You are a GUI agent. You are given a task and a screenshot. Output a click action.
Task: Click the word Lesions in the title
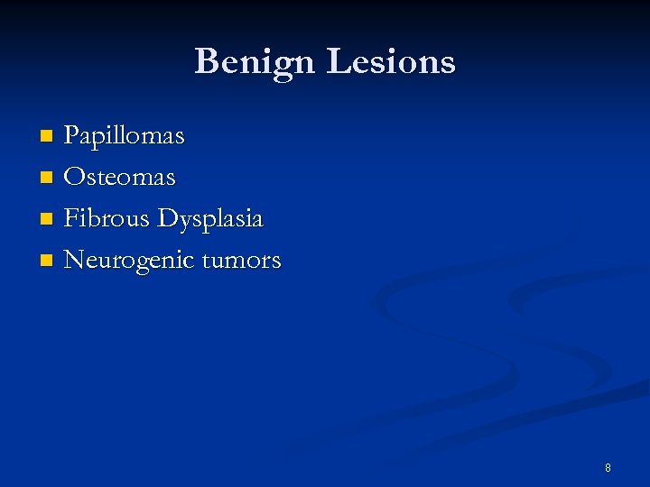391,61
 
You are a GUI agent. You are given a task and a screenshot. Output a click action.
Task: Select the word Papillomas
124,136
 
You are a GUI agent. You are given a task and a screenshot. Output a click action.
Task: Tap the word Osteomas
119,177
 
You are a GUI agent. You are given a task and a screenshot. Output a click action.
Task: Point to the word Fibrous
107,218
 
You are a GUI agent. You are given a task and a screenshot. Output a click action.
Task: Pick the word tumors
241,261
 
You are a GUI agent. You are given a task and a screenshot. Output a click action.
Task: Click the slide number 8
608,467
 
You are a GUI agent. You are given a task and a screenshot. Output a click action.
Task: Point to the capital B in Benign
207,61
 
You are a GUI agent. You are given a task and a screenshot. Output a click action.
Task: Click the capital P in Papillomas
71,136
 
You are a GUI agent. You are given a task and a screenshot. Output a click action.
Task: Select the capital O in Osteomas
74,177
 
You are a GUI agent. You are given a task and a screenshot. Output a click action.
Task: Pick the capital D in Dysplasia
168,218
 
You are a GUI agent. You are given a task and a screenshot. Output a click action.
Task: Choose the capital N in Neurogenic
75,260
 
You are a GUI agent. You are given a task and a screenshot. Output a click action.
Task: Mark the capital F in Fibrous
71,218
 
